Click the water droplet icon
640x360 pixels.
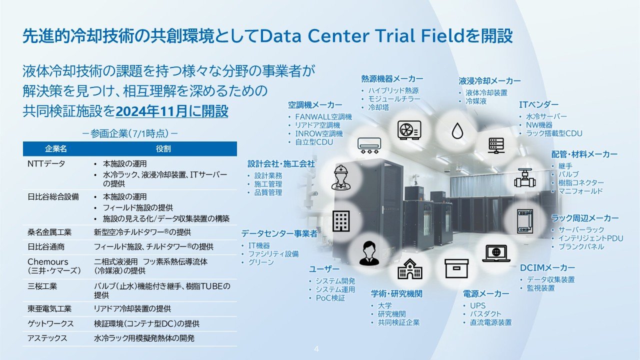tap(457, 131)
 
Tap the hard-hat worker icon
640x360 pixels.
tap(341, 177)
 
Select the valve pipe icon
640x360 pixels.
tap(524, 178)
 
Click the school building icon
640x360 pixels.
tap(409, 269)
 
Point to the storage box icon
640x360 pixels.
tap(456, 268)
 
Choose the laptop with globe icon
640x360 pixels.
tap(496, 253)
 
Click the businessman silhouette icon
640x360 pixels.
tap(369, 253)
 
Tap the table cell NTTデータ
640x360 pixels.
tap(46, 163)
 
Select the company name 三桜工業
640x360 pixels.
tap(42, 286)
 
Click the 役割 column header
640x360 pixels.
tap(163, 149)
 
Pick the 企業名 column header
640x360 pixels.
tap(56, 149)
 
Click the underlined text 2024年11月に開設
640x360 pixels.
tap(171, 111)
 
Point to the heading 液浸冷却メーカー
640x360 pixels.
tap(489, 81)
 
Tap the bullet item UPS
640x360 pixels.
tap(477, 305)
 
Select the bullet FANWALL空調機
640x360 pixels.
tap(323, 117)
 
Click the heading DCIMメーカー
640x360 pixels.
tap(547, 268)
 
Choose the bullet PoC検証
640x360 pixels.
tap(330, 298)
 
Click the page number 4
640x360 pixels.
tap(316, 349)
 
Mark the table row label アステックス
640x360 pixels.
tap(47, 338)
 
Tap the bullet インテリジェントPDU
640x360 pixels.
tap(590, 238)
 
